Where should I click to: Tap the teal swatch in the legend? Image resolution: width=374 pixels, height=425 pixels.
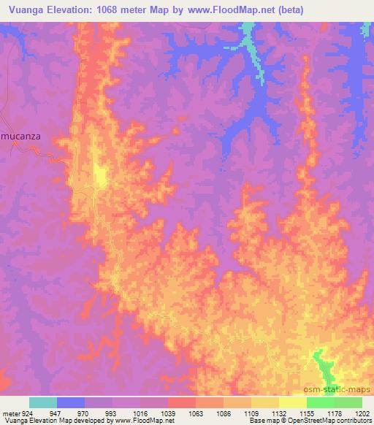coord(43,402)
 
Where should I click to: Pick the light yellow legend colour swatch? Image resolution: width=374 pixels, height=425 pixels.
coord(293,402)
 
